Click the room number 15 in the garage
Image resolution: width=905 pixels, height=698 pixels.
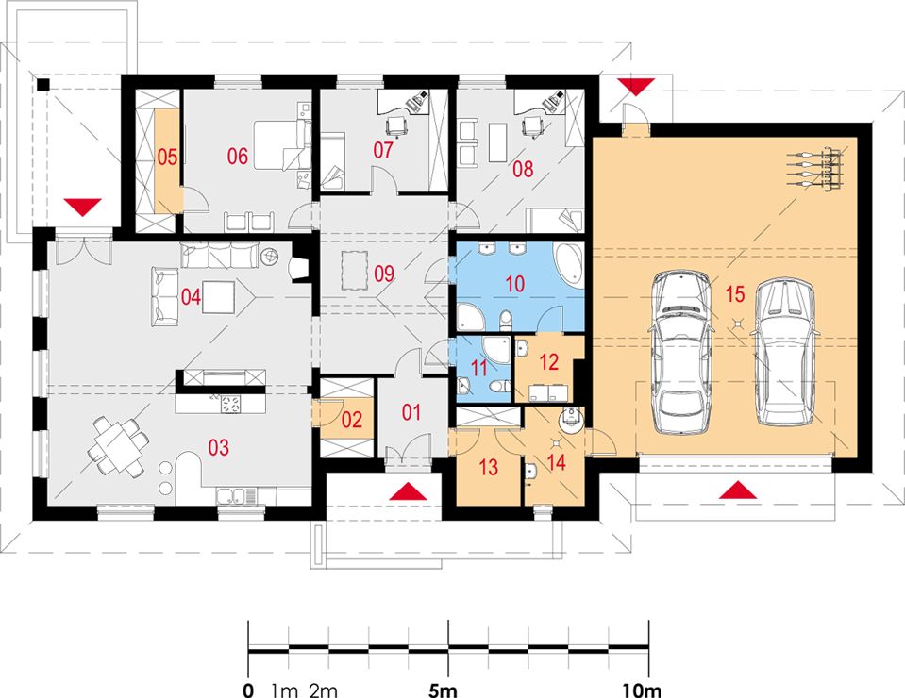[735, 294]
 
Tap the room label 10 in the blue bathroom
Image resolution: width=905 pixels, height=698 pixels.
[515, 283]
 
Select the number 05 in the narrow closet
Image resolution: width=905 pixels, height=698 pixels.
[167, 157]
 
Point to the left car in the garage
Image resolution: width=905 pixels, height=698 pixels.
[681, 353]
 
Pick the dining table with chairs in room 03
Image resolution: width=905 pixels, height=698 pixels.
[116, 447]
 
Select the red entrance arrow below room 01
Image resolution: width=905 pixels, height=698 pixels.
[409, 491]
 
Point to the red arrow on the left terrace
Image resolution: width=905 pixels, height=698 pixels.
[82, 208]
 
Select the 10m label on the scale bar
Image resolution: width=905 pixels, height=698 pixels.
[642, 690]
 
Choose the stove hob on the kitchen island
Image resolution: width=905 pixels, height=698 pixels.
[230, 403]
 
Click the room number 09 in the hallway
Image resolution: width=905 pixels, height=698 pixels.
[384, 274]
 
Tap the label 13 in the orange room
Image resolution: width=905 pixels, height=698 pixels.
[488, 467]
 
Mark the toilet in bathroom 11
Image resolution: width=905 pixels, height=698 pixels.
[498, 386]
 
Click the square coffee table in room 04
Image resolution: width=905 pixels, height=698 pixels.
[219, 296]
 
